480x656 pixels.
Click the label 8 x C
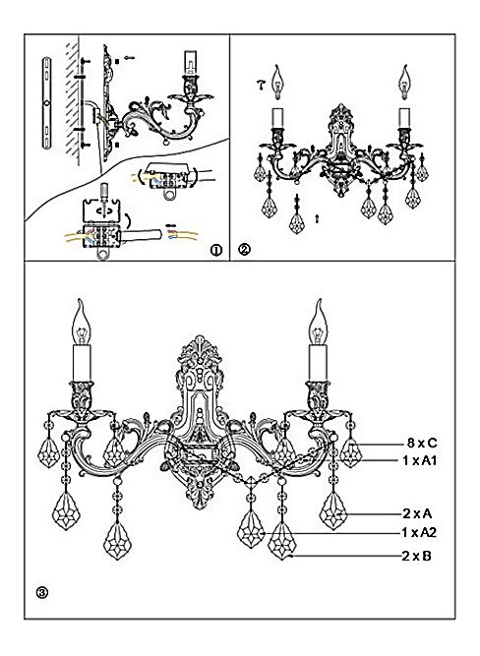pyautogui.click(x=421, y=443)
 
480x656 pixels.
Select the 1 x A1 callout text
pyautogui.click(x=420, y=460)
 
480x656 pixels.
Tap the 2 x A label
pyautogui.click(x=417, y=513)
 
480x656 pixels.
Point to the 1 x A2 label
pyautogui.click(x=419, y=533)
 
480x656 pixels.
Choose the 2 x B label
pyautogui.click(x=416, y=556)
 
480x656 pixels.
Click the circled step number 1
pyautogui.click(x=216, y=250)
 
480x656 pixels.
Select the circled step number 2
pyautogui.click(x=244, y=250)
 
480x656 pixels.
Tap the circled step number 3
pyautogui.click(x=42, y=592)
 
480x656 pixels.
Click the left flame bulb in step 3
pyautogui.click(x=81, y=322)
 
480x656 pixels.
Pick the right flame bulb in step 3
pyautogui.click(x=318, y=322)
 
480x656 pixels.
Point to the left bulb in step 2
pyautogui.click(x=276, y=82)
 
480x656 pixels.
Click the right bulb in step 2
pyautogui.click(x=404, y=82)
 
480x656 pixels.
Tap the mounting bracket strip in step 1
pyautogui.click(x=46, y=102)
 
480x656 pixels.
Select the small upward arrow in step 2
pyautogui.click(x=317, y=218)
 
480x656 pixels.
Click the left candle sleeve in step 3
pyautogui.click(x=82, y=362)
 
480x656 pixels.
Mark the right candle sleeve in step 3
pyautogui.click(x=318, y=362)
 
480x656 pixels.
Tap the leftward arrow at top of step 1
pyautogui.click(x=130, y=58)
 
